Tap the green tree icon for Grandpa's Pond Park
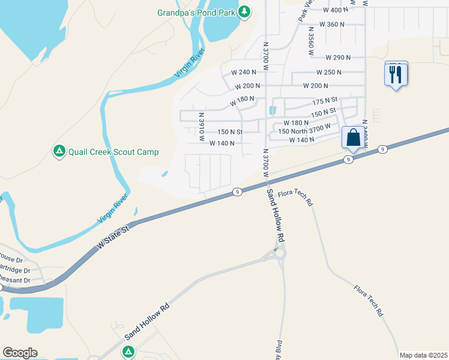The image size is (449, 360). pos(244,12)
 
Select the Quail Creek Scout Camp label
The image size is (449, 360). pos(113,152)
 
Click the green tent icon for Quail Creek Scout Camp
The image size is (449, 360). pos(59,151)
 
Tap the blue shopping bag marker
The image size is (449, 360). pos(354,137)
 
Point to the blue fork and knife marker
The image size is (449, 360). pos(396,74)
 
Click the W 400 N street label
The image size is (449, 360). pos(336,10)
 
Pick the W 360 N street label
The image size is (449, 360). pos(332,25)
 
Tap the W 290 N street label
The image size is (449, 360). pos(338,58)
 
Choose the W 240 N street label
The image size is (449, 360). pos(244,72)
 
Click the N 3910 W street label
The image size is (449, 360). pos(202,127)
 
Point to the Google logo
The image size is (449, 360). pos(20,353)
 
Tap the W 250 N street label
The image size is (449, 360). pos(329,72)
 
